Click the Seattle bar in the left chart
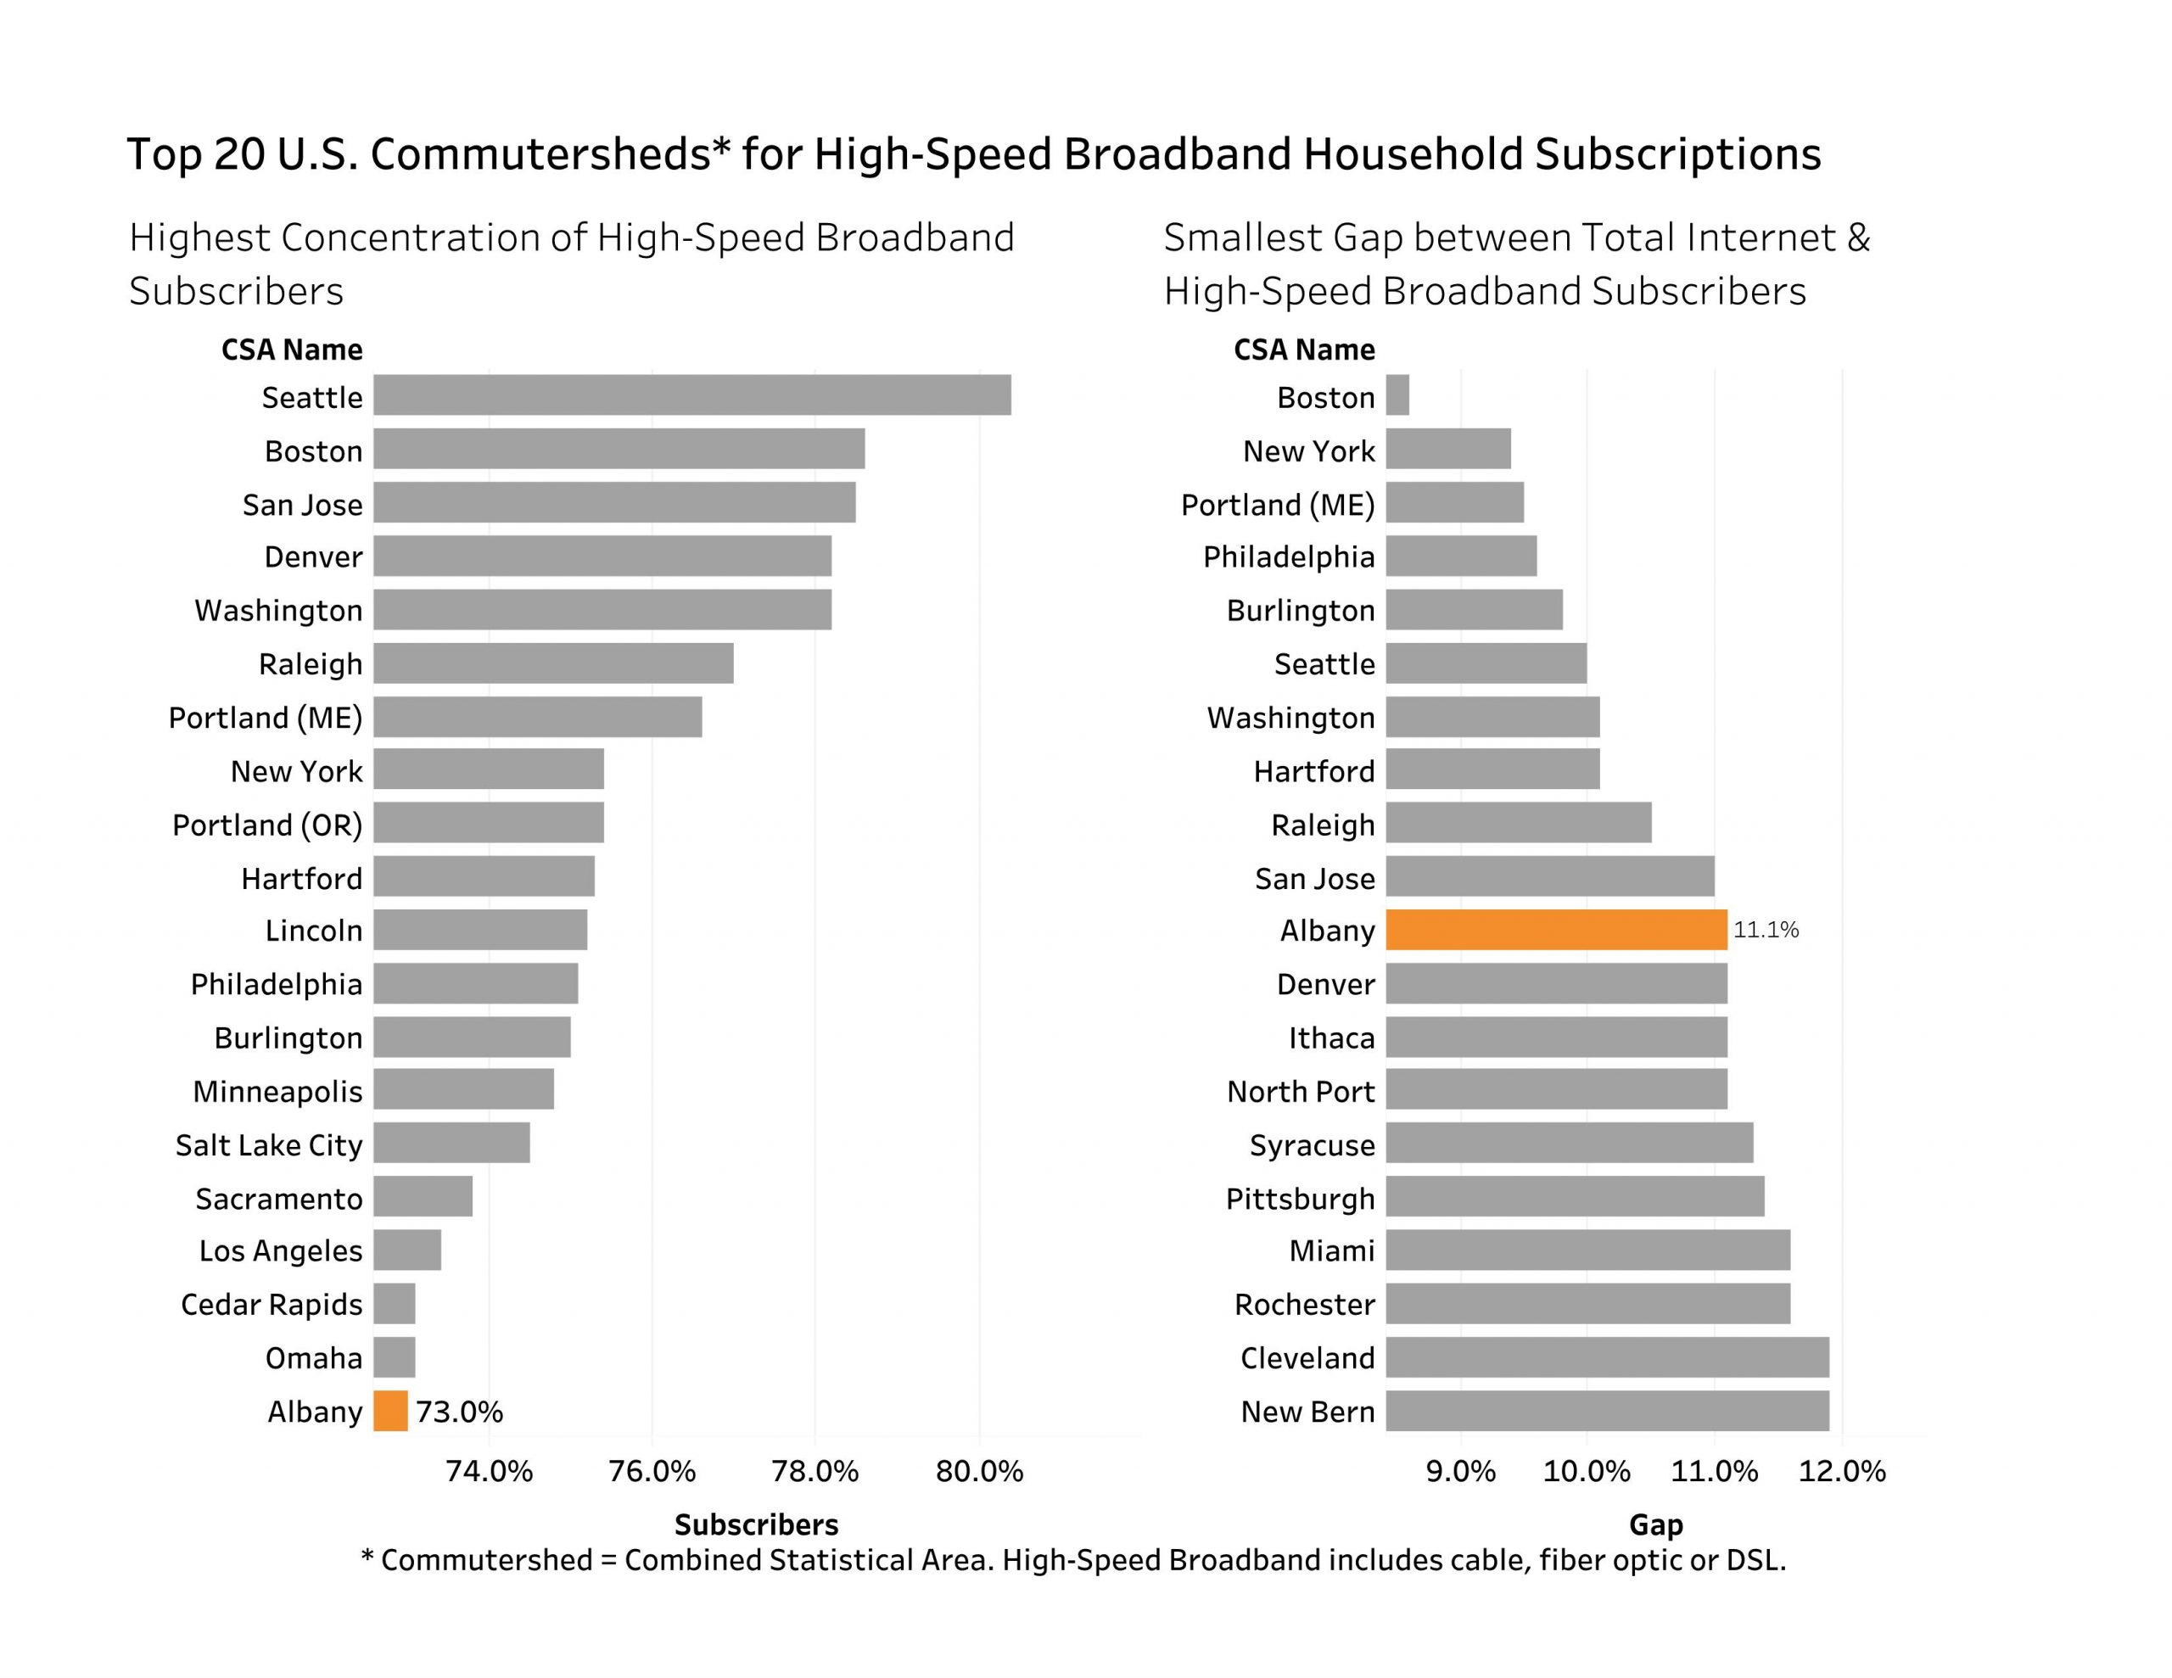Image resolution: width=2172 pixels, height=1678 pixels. click(x=692, y=394)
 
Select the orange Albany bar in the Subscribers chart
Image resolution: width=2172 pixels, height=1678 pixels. click(x=391, y=1411)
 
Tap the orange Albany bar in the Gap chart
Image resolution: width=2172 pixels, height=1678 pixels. click(x=1556, y=930)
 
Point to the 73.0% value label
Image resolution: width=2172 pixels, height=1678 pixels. click(x=460, y=1412)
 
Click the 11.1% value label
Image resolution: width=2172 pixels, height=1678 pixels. click(x=1766, y=930)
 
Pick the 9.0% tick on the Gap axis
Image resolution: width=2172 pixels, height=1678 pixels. click(x=1460, y=1471)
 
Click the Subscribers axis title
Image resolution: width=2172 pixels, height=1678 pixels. click(x=756, y=1524)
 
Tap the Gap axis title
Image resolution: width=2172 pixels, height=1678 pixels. click(x=1656, y=1524)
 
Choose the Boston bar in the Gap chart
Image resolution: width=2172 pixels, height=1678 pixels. click(x=1397, y=394)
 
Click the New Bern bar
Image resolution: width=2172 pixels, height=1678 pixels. click(x=1607, y=1411)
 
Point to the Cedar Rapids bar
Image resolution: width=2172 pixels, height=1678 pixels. click(x=395, y=1303)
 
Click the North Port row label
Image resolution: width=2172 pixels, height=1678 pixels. click(x=1301, y=1091)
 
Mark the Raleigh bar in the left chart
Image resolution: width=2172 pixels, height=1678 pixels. click(x=553, y=663)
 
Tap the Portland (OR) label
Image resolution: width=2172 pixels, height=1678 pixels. click(x=267, y=825)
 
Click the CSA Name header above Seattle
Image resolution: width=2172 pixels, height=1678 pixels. click(x=291, y=350)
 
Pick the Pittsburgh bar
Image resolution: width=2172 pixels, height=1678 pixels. click(x=1576, y=1197)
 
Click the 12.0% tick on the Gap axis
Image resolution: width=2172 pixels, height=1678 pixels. click(x=1842, y=1471)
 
